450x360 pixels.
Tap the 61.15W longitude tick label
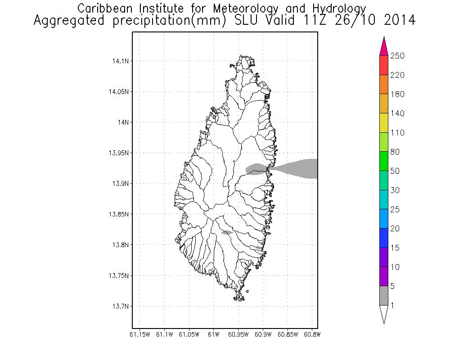point(140,334)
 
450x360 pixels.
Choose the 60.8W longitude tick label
point(312,334)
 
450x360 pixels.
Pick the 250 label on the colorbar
point(398,56)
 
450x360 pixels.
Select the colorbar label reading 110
point(398,133)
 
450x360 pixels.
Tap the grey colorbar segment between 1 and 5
point(384,296)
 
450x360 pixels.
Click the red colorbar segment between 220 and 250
point(384,65)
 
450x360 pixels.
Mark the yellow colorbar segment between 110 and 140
point(384,123)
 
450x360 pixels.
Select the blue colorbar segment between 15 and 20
point(384,238)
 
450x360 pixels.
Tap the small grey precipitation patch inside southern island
point(227,232)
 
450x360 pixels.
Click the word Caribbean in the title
point(105,9)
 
